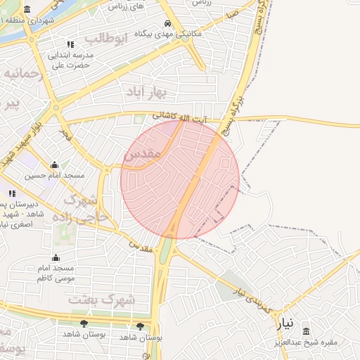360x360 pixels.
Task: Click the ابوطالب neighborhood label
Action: (x=105, y=38)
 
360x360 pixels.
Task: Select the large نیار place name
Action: (x=283, y=324)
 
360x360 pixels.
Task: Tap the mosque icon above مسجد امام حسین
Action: (x=54, y=165)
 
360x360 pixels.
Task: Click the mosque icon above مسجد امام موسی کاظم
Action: (x=56, y=258)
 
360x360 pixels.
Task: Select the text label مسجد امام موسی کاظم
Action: (x=56, y=274)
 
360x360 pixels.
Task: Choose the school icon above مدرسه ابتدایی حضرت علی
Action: (x=70, y=45)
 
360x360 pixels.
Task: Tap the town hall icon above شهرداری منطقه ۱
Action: (x=27, y=9)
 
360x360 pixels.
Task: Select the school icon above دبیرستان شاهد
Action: (x=11, y=193)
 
